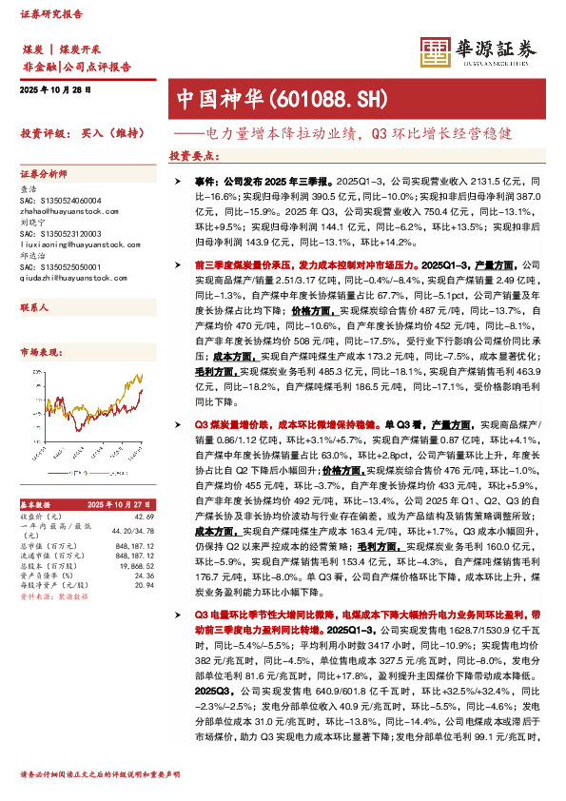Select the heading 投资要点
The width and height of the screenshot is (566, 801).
(x=194, y=155)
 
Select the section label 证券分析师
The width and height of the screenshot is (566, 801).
(x=44, y=176)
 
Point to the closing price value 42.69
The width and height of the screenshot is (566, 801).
(x=144, y=516)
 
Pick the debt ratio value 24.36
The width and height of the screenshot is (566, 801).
(x=144, y=576)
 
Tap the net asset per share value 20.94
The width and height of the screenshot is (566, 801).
(x=144, y=586)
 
